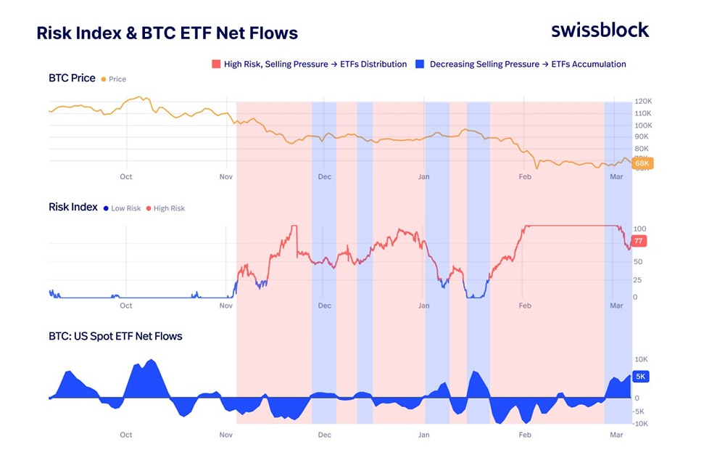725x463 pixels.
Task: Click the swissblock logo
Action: click(600, 30)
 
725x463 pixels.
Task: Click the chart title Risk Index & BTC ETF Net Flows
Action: click(167, 33)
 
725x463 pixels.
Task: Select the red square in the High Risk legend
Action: click(215, 64)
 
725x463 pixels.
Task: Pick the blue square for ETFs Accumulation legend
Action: click(420, 64)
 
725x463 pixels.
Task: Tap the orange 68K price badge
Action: click(642, 163)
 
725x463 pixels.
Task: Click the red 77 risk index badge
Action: click(639, 241)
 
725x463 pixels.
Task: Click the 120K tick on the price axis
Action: click(642, 102)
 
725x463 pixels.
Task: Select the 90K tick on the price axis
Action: click(642, 136)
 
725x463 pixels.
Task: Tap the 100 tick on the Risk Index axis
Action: click(640, 229)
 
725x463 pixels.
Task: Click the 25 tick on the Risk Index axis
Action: click(638, 279)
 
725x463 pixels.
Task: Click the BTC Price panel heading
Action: click(72, 78)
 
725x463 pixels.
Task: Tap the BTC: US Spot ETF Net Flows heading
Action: click(115, 336)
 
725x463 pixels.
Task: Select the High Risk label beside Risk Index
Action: click(169, 208)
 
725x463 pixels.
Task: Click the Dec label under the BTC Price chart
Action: click(324, 176)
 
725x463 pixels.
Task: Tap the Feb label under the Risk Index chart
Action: click(525, 306)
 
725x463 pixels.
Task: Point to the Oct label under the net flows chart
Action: click(126, 435)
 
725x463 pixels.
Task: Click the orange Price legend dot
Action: click(104, 78)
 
